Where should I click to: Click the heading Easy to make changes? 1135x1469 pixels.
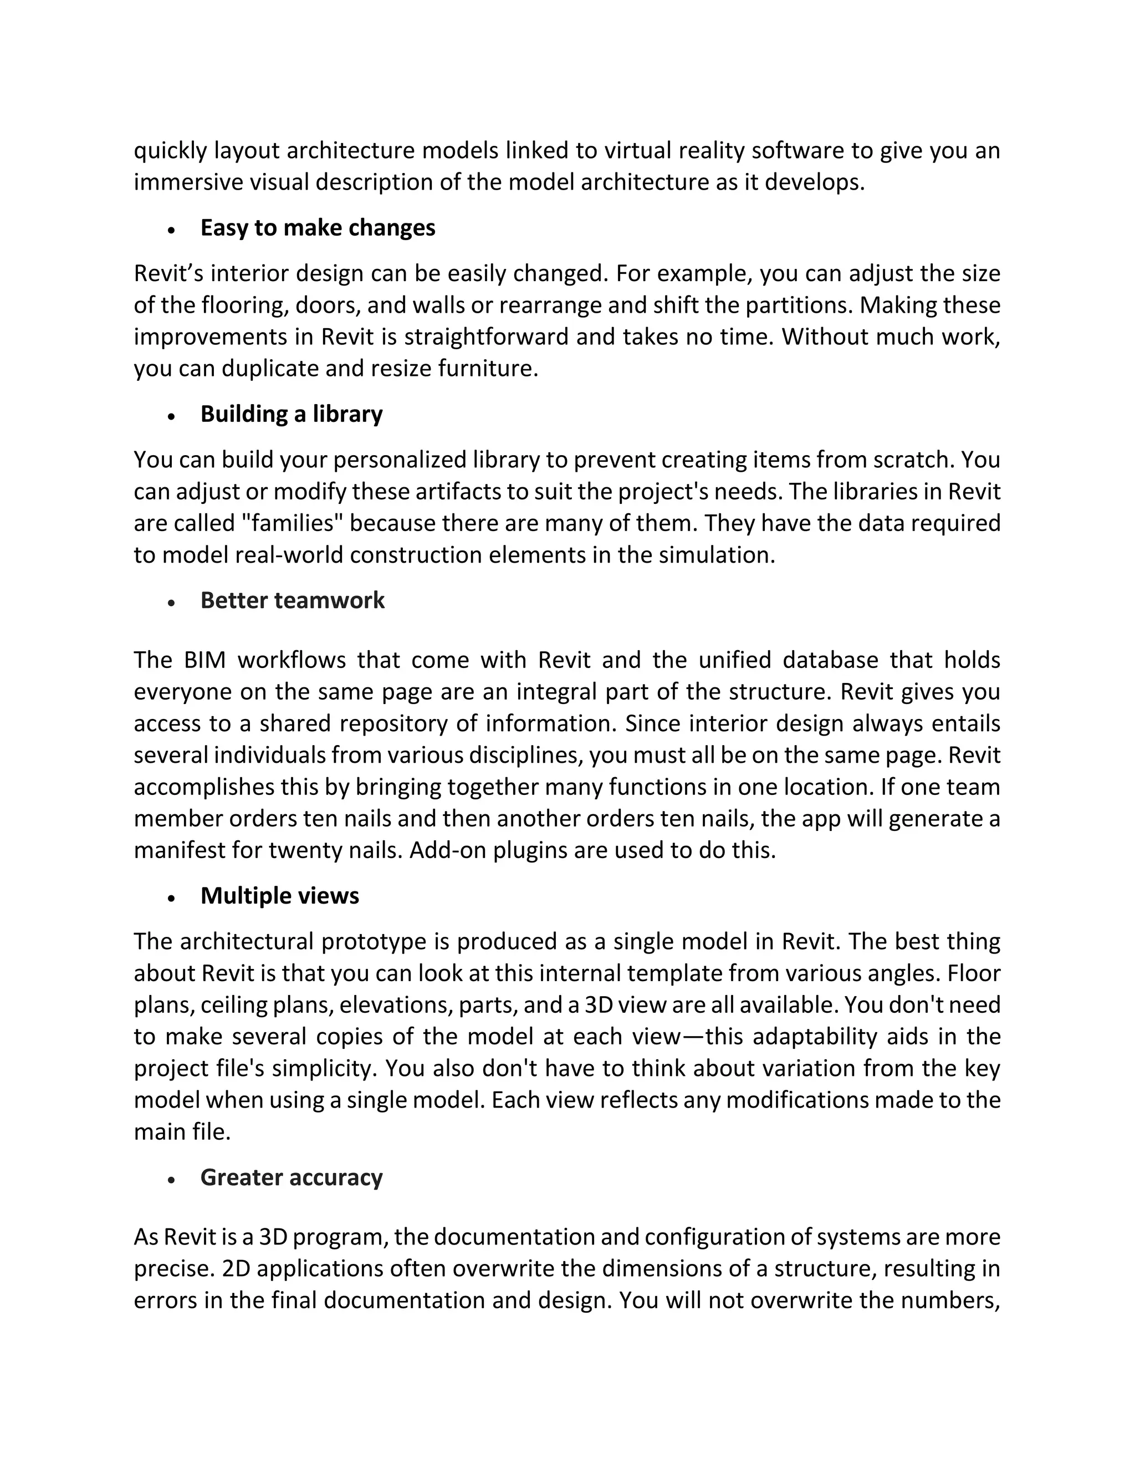tap(318, 228)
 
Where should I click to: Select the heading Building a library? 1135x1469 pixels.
tap(291, 414)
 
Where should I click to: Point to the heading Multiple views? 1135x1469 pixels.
tap(279, 895)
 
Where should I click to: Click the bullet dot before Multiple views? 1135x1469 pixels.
tap(172, 898)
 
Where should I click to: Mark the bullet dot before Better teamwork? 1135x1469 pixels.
tap(172, 603)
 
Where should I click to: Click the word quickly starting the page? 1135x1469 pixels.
tap(170, 151)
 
